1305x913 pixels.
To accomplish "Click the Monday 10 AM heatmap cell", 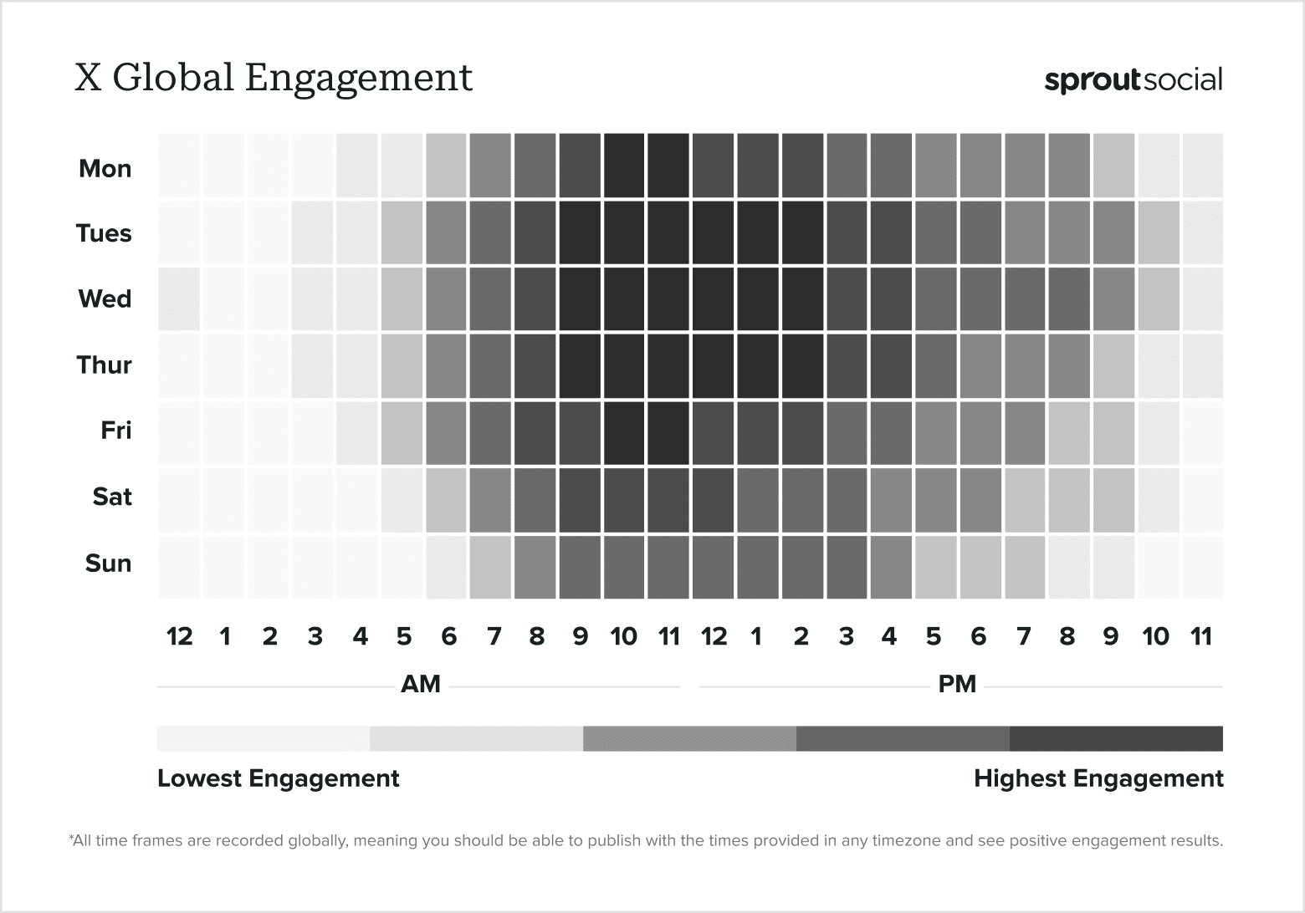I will click(x=624, y=166).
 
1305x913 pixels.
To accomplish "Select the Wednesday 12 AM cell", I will click(x=179, y=298).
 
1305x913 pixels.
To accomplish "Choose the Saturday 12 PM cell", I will click(x=713, y=499).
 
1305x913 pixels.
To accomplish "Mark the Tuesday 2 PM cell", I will click(x=802, y=232).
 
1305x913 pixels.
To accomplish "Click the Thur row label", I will click(x=105, y=365).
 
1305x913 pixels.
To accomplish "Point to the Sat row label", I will click(x=112, y=497).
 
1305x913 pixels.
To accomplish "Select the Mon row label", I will click(x=105, y=169).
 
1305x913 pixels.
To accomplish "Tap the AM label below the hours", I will click(x=420, y=685).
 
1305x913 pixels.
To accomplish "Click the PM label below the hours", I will click(x=957, y=685).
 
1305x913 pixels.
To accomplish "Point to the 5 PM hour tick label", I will click(x=934, y=637).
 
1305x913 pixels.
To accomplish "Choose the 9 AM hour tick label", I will click(x=580, y=637).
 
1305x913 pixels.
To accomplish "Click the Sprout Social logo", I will click(x=1133, y=80).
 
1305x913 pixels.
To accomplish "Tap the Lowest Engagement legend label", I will click(x=279, y=779).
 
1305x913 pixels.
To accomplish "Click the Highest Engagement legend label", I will click(x=1098, y=779).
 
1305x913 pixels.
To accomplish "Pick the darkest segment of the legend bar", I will click(x=1116, y=739).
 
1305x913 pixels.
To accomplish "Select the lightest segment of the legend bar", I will click(x=263, y=739).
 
